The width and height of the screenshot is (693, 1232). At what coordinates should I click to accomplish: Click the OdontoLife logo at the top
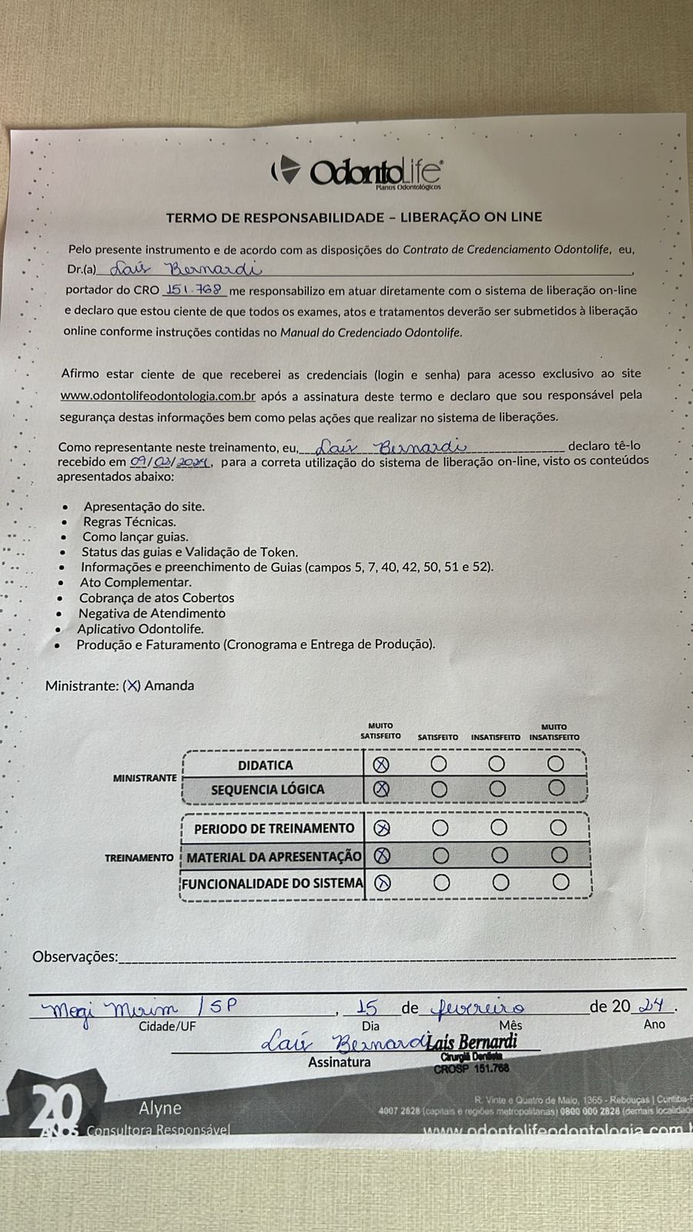357,171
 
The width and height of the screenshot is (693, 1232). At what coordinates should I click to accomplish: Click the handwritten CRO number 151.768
193,290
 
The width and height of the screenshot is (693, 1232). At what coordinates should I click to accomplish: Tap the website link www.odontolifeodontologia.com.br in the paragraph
158,396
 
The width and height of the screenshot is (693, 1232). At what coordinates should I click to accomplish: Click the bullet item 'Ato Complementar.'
136,582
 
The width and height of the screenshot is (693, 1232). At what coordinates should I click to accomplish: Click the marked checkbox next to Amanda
132,685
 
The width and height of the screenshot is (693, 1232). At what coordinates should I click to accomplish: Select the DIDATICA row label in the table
265,765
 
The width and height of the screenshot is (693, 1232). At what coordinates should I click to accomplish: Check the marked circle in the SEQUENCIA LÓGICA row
381,788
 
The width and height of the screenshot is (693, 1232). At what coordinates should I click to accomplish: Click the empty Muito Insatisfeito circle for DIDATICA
555,764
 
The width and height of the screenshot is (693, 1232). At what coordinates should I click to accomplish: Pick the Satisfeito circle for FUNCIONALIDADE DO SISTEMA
441,882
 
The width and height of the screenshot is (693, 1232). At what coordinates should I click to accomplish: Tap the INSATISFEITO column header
495,737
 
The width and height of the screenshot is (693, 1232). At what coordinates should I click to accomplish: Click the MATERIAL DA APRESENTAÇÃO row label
273,856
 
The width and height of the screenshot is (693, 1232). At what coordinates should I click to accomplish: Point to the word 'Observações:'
75,956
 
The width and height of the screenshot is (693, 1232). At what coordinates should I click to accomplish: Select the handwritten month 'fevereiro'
479,1007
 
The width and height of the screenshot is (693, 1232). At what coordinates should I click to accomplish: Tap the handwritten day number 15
368,1007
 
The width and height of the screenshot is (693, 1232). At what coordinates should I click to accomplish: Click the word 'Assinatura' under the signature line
339,1062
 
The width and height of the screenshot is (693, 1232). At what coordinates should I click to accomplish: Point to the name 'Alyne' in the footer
160,1108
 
